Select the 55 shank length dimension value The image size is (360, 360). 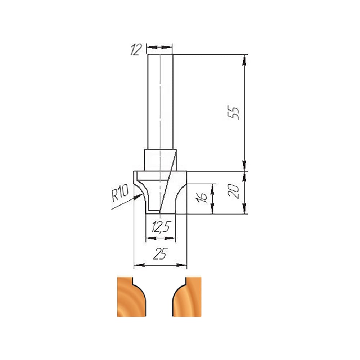point(233,112)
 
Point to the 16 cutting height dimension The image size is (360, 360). point(202,197)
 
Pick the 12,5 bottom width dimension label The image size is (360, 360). point(161,227)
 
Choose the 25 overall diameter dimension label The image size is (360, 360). point(160,254)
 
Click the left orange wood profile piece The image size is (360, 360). point(131,297)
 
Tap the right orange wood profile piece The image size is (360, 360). point(187,297)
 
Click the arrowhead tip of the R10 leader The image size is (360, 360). point(143,194)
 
